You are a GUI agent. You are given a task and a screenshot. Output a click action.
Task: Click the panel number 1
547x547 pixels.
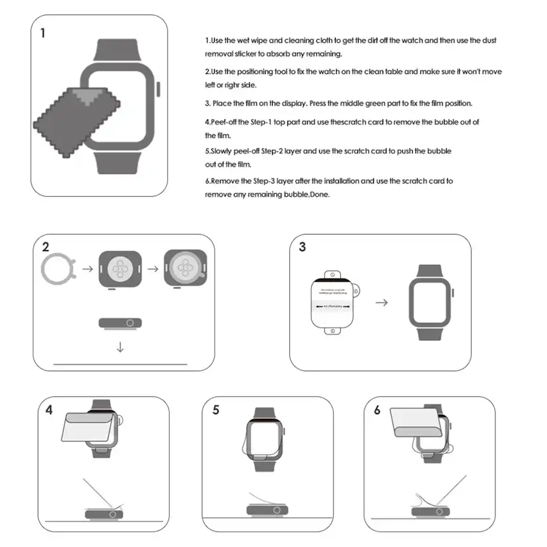[44, 32]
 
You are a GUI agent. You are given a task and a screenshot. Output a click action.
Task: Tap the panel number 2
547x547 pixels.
[46, 248]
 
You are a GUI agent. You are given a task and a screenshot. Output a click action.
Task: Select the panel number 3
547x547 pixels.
[303, 247]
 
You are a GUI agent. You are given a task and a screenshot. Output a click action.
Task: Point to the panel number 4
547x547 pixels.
[50, 410]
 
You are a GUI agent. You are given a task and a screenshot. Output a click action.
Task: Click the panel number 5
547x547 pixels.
[216, 410]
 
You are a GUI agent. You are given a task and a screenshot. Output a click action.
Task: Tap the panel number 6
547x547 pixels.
[377, 410]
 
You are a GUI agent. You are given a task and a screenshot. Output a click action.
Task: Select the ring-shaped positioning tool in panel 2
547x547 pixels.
[57, 270]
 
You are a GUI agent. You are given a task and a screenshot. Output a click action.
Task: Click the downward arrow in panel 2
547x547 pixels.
[120, 346]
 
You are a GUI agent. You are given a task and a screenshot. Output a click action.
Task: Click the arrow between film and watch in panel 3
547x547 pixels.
[381, 302]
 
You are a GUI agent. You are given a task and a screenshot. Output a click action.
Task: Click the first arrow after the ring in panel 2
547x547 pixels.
[87, 270]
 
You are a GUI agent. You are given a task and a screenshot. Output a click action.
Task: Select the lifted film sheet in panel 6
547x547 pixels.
[416, 422]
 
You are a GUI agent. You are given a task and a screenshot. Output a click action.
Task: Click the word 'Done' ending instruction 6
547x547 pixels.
[320, 195]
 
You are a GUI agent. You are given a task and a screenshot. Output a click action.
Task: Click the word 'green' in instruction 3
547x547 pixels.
[369, 104]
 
